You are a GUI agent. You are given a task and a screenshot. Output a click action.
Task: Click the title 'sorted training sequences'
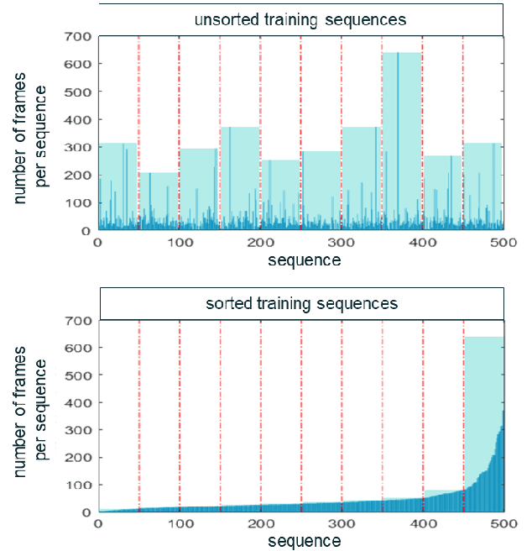[301, 302]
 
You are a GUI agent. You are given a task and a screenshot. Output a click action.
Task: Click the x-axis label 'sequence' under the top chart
[304, 260]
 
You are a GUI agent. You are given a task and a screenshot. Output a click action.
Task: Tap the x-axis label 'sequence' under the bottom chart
[304, 542]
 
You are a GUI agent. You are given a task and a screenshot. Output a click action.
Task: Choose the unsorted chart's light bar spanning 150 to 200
[240, 176]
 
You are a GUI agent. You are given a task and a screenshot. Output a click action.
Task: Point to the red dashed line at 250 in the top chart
[300, 134]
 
